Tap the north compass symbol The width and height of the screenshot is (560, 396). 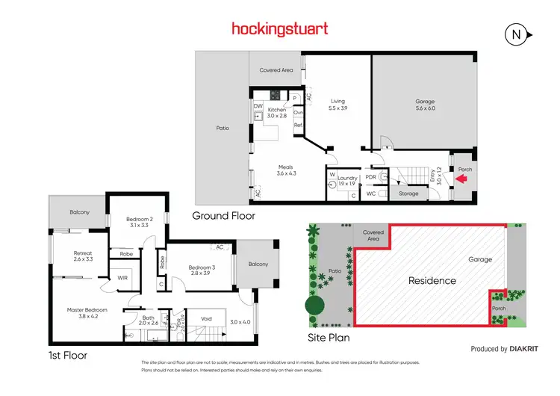(x=515, y=34)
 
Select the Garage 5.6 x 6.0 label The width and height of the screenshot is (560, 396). (x=425, y=105)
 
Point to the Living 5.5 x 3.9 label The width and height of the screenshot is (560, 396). (x=338, y=105)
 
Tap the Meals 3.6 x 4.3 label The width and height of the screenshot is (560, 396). (x=286, y=170)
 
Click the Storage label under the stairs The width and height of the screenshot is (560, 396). (x=409, y=193)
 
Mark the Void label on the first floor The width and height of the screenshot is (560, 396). (x=207, y=319)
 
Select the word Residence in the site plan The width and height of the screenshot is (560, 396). (x=432, y=281)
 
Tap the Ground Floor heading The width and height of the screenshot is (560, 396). (x=223, y=215)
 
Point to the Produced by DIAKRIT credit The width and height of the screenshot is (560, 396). (x=499, y=349)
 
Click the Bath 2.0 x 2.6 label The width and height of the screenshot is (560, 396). (x=149, y=320)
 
